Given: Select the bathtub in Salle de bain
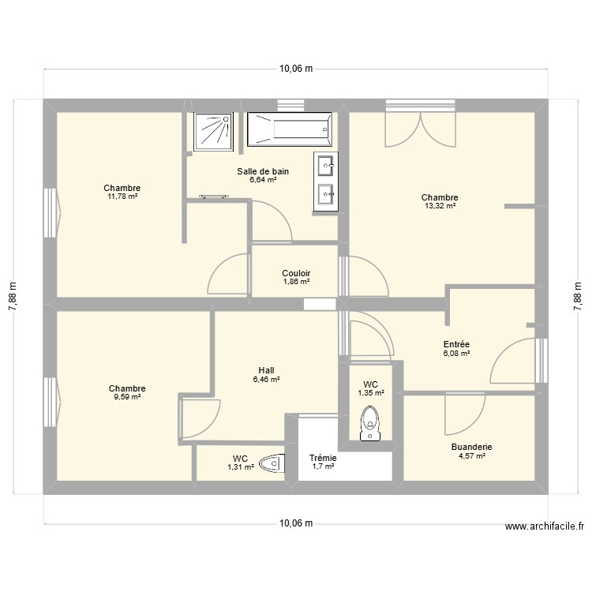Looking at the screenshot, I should pyautogui.click(x=289, y=129).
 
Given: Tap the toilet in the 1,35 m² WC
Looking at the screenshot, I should pyautogui.click(x=369, y=423).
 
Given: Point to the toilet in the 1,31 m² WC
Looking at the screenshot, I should pyautogui.click(x=270, y=463).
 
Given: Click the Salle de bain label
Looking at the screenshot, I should pyautogui.click(x=263, y=171).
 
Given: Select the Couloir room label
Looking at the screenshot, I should pyautogui.click(x=296, y=273).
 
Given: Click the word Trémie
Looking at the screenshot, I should pyautogui.click(x=323, y=458).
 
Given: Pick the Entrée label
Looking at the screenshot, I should pyautogui.click(x=456, y=344).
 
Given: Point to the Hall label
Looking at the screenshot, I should pyautogui.click(x=266, y=369).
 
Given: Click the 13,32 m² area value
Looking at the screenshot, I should pyautogui.click(x=440, y=206).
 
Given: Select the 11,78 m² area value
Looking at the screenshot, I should pyautogui.click(x=122, y=196).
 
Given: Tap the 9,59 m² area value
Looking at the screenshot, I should pyautogui.click(x=127, y=397).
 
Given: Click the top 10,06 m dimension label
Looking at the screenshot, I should pyautogui.click(x=295, y=69).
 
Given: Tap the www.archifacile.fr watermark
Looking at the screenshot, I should pyautogui.click(x=545, y=527).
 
